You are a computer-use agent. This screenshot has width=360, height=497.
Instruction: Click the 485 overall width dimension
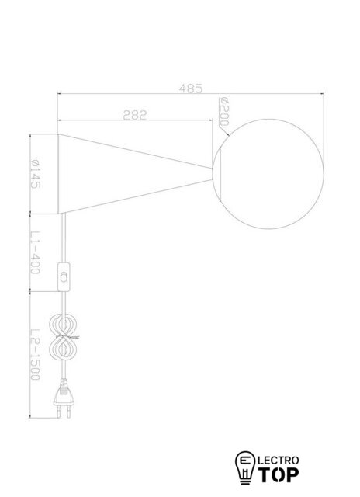click(x=190, y=89)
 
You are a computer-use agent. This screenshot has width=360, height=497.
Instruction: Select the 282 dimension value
click(x=135, y=115)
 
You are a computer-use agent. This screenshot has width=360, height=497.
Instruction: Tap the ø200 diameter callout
click(x=224, y=112)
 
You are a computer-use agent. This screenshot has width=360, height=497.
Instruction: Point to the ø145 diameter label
click(x=35, y=174)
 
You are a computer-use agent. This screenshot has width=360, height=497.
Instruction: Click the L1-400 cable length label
click(x=35, y=253)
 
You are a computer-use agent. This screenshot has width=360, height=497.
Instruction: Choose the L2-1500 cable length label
click(x=35, y=354)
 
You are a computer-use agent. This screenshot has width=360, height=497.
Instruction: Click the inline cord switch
click(x=64, y=277)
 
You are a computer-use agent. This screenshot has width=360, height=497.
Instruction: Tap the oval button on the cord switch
click(x=64, y=278)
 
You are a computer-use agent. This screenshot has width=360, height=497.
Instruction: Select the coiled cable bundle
click(x=63, y=337)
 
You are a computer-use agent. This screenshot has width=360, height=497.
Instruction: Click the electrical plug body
click(x=64, y=394)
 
